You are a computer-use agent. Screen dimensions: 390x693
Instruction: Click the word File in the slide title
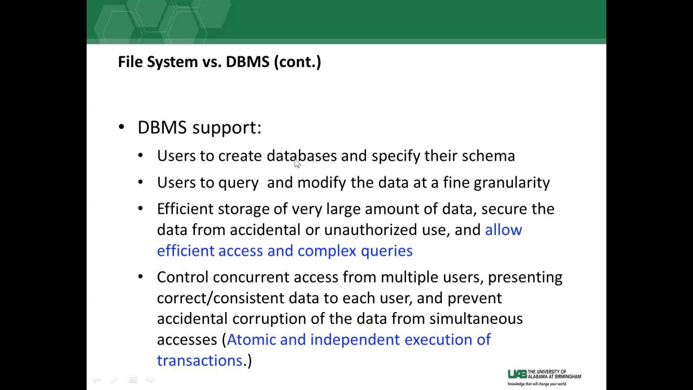pyautogui.click(x=130, y=62)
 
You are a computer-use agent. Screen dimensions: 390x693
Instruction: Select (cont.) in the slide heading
pyautogui.click(x=297, y=62)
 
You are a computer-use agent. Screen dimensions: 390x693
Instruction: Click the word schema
pyautogui.click(x=488, y=156)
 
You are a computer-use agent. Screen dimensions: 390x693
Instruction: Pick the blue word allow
pyautogui.click(x=504, y=230)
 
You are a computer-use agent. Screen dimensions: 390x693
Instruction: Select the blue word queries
pyautogui.click(x=386, y=251)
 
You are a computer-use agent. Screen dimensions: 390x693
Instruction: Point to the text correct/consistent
pyautogui.click(x=220, y=298)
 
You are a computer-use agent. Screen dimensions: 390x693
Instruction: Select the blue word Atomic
pyautogui.click(x=252, y=340)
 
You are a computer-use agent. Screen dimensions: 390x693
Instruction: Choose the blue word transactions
pyautogui.click(x=199, y=361)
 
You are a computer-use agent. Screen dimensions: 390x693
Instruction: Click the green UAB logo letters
pyautogui.click(x=517, y=374)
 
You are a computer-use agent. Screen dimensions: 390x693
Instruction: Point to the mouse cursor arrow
pyautogui.click(x=297, y=164)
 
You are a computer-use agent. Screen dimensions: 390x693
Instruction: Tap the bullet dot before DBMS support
pyautogui.click(x=121, y=128)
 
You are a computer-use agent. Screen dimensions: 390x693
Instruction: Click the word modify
pyautogui.click(x=322, y=183)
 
